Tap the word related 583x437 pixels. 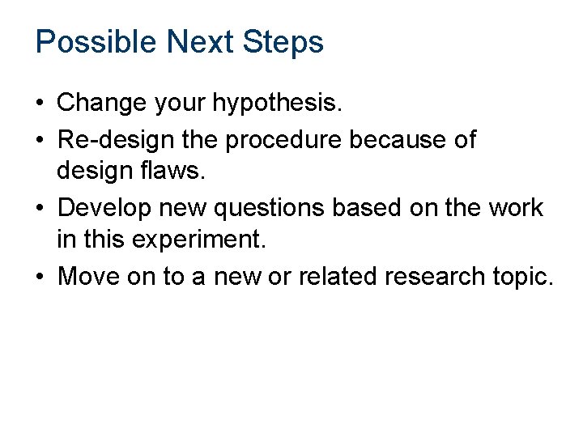pos(340,277)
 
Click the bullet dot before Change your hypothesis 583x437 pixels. pos(40,104)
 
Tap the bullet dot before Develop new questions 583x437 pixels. pos(40,209)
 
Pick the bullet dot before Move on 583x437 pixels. pos(40,278)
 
